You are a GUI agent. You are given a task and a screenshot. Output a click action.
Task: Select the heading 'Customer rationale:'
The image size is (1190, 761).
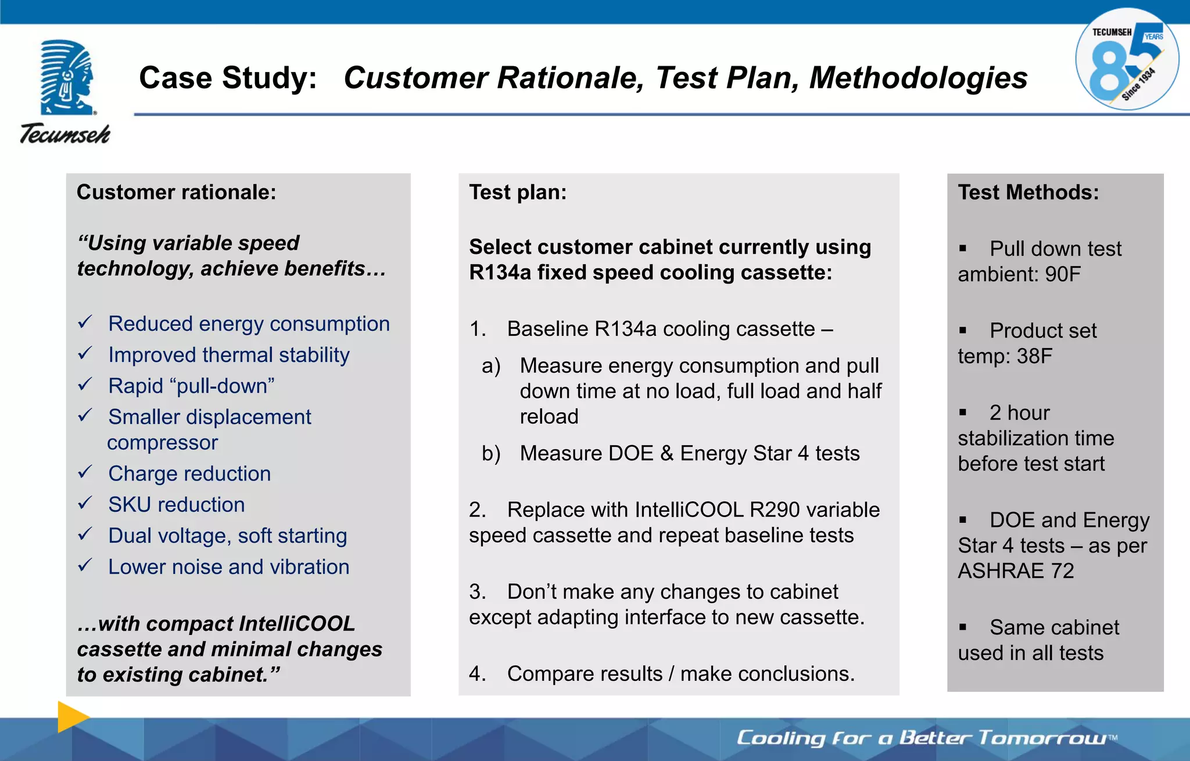[176, 192]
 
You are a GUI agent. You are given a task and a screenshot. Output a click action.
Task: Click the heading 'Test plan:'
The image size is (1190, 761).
[518, 192]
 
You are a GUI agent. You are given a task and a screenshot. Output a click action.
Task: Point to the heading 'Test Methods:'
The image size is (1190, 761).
[1028, 192]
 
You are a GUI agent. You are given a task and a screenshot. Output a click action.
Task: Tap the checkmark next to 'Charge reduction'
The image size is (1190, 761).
[85, 472]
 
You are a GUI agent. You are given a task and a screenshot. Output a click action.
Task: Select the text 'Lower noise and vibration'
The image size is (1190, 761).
[228, 567]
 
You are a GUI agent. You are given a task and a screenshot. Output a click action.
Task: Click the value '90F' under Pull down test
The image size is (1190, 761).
[1062, 274]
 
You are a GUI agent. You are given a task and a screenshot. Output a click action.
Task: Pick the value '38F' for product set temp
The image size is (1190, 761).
[1034, 356]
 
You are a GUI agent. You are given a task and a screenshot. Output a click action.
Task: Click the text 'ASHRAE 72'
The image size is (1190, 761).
[1015, 571]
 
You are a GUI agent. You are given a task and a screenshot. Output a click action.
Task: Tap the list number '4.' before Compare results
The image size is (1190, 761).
[477, 674]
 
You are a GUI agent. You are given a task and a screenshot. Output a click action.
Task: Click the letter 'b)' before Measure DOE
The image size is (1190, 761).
[491, 454]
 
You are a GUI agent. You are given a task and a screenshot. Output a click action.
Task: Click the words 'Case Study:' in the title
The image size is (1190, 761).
[228, 78]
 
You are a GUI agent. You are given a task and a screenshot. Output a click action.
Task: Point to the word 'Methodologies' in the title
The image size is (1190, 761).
[918, 78]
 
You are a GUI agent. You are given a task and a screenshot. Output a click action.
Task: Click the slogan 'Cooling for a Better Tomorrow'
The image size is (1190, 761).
[924, 738]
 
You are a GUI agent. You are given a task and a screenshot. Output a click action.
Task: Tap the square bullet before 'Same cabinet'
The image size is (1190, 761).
[963, 627]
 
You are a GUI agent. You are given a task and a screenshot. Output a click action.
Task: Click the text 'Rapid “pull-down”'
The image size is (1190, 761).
[191, 386]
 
